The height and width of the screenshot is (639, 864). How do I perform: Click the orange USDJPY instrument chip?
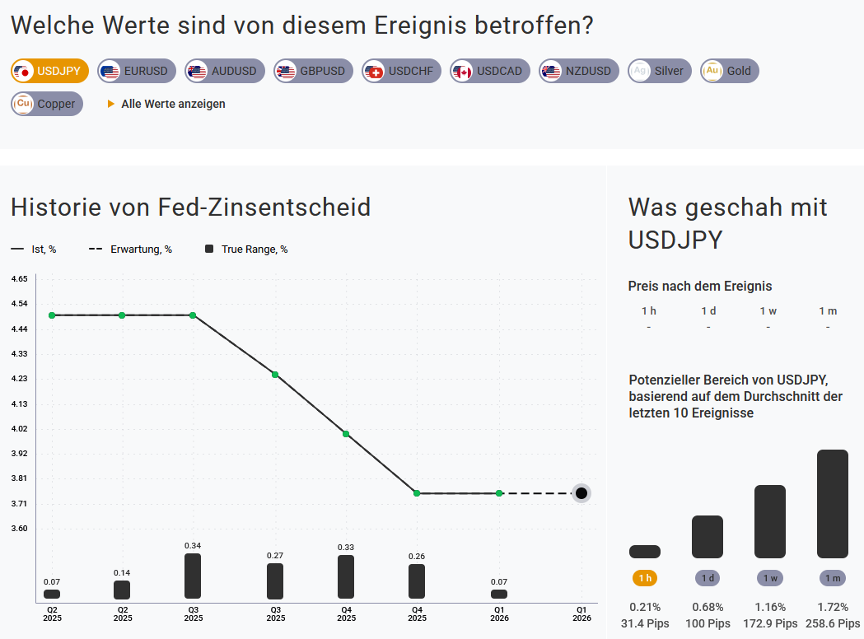pos(49,71)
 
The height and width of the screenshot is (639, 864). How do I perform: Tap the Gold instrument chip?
pos(729,71)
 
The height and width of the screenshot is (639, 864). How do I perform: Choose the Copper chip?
pos(47,104)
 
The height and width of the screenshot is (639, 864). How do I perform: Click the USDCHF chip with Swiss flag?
pos(401,71)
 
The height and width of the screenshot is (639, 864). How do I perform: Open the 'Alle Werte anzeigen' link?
pos(173,104)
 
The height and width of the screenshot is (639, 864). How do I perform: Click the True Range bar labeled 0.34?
pos(193,576)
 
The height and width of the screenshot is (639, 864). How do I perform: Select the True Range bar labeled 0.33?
pos(346,576)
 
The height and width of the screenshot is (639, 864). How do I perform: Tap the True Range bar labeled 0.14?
pos(122,590)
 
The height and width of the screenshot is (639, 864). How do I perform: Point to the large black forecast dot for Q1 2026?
pos(581,493)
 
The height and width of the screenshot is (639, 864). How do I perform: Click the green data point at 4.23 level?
pos(275,375)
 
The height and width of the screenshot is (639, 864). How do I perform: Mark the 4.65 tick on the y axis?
pos(20,279)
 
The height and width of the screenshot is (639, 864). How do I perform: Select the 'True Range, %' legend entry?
pos(246,250)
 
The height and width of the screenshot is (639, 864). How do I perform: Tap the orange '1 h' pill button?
pos(645,578)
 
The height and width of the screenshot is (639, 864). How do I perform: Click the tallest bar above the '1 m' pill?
pos(833,504)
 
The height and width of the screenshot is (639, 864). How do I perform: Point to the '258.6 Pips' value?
pos(833,624)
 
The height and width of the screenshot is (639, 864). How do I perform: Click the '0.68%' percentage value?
pos(708,608)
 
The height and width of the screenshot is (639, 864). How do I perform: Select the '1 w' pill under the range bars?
pos(770,578)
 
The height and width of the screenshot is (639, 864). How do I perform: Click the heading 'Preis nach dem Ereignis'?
pos(700,287)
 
